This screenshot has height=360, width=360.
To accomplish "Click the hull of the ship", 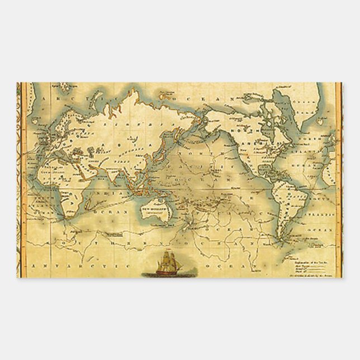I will coord(165,272).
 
